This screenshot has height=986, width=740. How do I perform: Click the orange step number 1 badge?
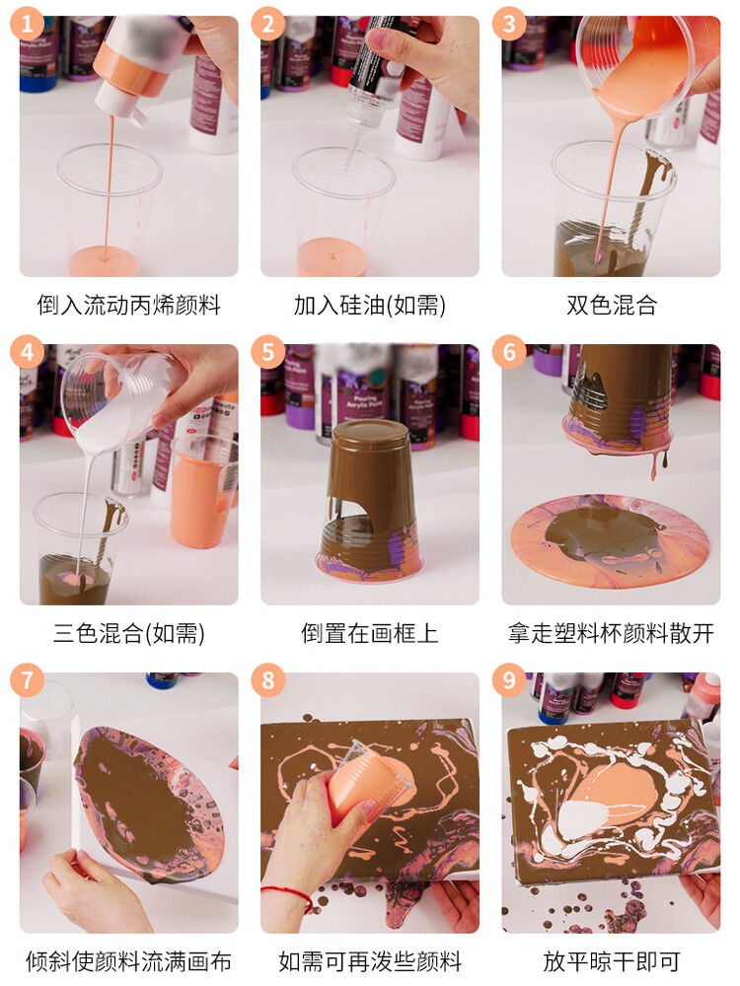tap(27, 25)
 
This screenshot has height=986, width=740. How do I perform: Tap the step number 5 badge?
tap(268, 352)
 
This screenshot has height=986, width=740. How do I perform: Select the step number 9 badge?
tap(509, 679)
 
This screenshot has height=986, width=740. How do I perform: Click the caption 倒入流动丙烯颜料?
tap(129, 306)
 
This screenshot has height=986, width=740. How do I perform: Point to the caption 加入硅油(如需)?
tap(370, 306)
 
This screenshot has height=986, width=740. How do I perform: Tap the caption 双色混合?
tap(611, 306)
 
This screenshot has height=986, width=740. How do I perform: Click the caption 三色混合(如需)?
tap(129, 633)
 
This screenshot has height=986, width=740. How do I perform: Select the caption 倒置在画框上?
tap(370, 633)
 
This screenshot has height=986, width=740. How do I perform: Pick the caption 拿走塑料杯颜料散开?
tap(611, 633)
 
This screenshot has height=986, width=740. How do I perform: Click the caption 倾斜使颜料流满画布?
tap(129, 961)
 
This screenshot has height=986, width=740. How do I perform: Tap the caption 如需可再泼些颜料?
tap(370, 961)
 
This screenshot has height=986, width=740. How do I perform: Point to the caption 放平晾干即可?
tap(611, 961)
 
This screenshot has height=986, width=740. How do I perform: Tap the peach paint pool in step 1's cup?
tap(105, 260)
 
